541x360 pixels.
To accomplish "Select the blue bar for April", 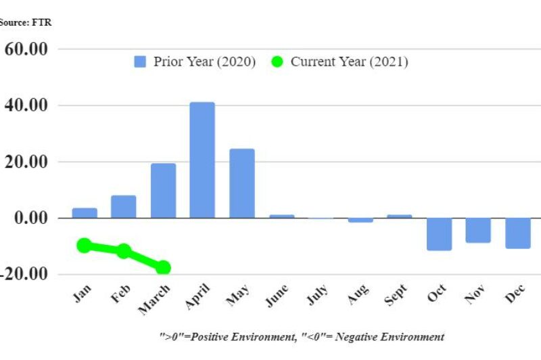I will (202, 160).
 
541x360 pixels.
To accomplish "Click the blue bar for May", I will (241, 183).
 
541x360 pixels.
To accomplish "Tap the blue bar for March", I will (163, 191).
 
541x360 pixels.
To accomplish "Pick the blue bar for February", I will (124, 206).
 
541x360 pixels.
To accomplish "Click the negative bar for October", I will (439, 234).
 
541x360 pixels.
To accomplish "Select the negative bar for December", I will (517, 233).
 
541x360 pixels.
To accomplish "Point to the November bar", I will (478, 230).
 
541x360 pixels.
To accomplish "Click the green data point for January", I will (85, 245).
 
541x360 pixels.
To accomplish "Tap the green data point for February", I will (124, 251).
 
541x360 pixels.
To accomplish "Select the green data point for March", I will (163, 267).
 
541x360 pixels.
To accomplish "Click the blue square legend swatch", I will (141, 62).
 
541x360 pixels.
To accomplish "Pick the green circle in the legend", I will (277, 62).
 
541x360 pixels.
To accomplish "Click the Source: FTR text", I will (25, 22).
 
